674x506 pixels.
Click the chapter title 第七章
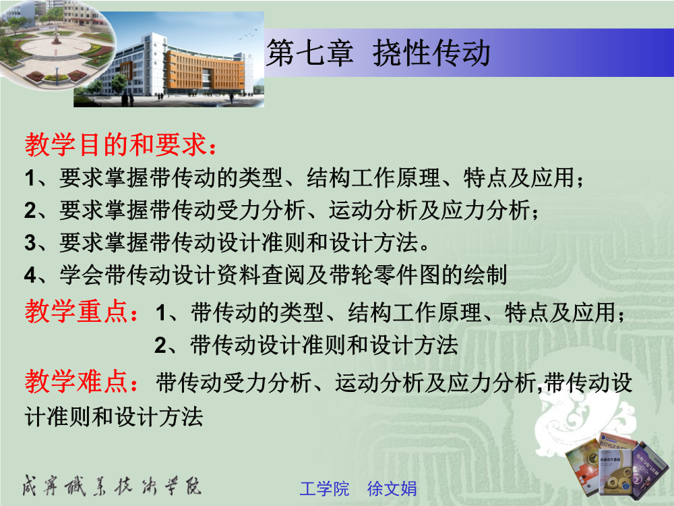pos(309,53)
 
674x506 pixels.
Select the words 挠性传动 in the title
pos(431,53)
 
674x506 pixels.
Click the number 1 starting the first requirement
pos(30,177)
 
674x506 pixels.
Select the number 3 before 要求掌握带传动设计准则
pos(30,242)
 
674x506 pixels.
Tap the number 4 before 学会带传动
pos(30,275)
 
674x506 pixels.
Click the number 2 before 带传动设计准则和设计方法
pos(160,345)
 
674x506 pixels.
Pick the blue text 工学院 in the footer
pos(324,488)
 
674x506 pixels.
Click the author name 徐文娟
pos(392,488)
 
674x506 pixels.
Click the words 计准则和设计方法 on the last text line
pos(114,416)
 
